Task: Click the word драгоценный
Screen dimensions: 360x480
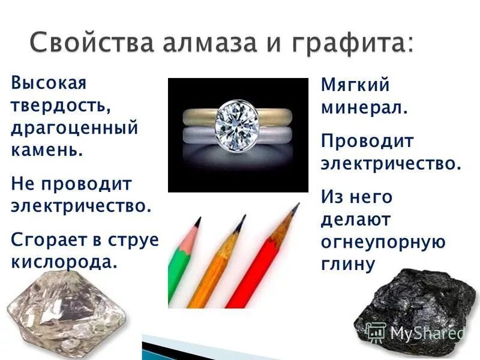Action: [x=74, y=128]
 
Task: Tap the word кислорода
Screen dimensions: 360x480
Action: [x=64, y=262]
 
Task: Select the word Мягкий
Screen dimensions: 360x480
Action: [x=355, y=85]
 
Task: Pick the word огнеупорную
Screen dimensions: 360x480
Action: [x=383, y=242]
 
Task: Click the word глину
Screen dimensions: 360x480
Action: [x=347, y=264]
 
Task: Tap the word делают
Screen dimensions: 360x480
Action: [x=355, y=220]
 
